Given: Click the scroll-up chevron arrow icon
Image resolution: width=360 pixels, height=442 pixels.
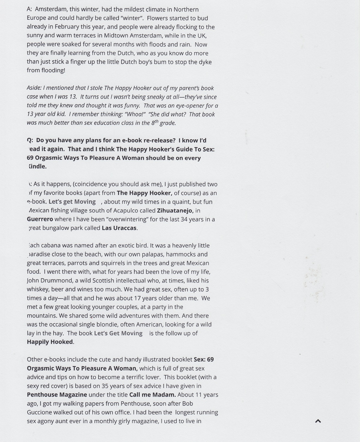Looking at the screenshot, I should click(318, 421).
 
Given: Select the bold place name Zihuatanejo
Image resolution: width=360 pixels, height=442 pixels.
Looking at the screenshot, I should click(175, 211).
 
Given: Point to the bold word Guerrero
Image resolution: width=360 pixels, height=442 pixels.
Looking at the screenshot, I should click(40, 219).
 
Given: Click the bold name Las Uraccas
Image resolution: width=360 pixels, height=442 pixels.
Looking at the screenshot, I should click(119, 228).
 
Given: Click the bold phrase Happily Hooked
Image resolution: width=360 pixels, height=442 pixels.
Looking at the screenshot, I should click(50, 342).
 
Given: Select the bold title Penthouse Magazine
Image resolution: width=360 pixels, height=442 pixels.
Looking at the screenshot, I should click(57, 395).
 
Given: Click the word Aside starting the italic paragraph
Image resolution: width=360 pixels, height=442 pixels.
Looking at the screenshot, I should click(34, 88).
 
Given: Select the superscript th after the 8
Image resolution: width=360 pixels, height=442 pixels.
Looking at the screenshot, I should click(156, 121).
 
